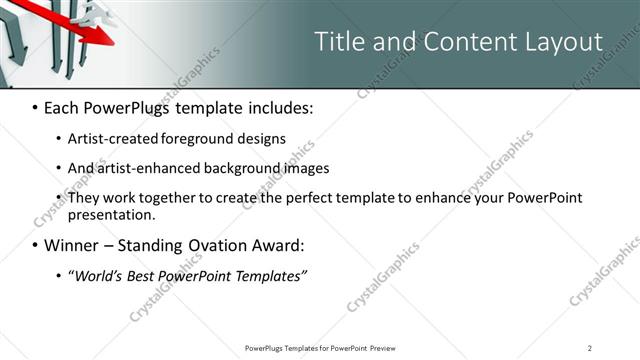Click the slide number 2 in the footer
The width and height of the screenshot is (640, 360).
pos(589,347)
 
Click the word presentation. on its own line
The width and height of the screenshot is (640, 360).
pos(111,214)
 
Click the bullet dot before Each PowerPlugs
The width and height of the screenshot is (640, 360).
pos(35,105)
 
